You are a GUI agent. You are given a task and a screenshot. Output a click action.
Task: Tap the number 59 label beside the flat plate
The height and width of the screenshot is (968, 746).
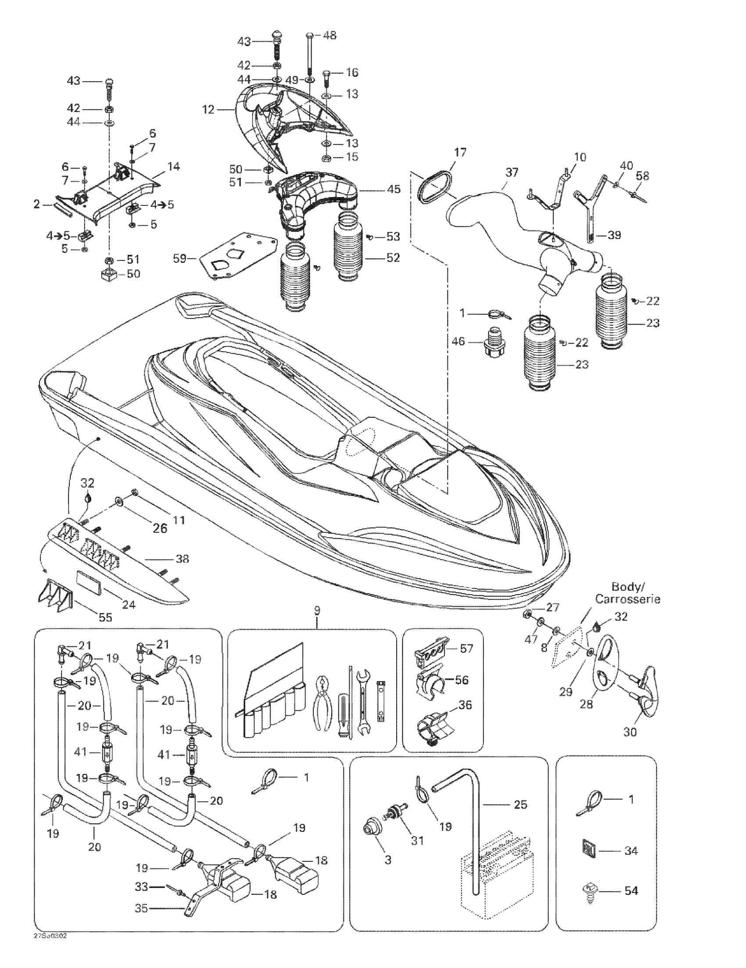tap(180, 258)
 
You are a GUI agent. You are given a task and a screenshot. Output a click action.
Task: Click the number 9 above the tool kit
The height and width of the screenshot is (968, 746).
tap(316, 611)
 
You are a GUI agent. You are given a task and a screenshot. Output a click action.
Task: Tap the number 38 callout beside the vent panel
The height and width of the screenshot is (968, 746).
tap(182, 559)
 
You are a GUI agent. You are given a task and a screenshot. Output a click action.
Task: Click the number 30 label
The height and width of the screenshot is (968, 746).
tap(630, 732)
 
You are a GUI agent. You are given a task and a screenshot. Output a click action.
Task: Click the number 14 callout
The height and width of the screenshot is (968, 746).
tap(174, 167)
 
